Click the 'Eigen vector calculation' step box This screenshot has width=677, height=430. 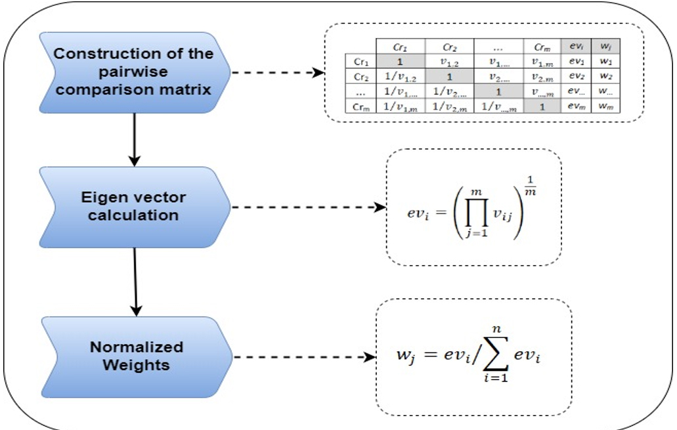pos(131,206)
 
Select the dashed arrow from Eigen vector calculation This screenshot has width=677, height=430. pos(309,208)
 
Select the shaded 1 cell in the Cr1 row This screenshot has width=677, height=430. pos(401,62)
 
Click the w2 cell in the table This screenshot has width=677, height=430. pos(605,77)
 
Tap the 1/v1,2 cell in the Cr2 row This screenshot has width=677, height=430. pos(401,77)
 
